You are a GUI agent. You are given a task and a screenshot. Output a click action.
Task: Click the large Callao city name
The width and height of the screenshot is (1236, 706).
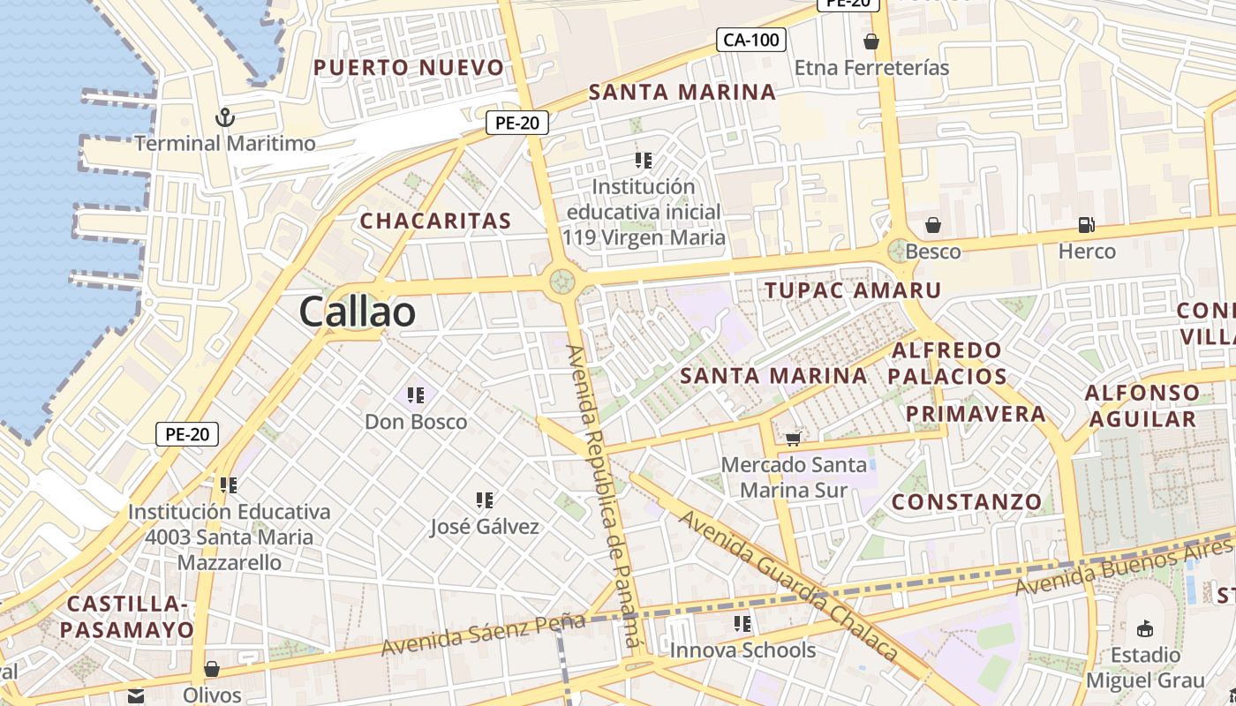(x=357, y=312)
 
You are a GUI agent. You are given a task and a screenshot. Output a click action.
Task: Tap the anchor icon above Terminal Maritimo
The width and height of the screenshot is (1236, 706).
(x=225, y=117)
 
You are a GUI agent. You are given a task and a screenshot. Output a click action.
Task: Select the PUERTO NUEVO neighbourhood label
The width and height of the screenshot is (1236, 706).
(x=409, y=67)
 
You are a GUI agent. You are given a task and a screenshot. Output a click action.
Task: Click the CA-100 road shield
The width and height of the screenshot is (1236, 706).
(x=750, y=40)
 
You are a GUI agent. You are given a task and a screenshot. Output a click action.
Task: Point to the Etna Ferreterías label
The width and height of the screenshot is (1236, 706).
(x=871, y=68)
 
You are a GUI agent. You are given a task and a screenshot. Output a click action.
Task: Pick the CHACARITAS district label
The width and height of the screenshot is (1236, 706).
(x=435, y=221)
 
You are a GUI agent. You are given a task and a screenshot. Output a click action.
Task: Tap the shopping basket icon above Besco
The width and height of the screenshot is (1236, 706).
(x=933, y=226)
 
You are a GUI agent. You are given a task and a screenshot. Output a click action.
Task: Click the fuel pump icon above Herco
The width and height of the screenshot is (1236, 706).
(x=1087, y=226)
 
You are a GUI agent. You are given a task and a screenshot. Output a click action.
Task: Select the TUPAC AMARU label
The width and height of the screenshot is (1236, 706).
(x=853, y=289)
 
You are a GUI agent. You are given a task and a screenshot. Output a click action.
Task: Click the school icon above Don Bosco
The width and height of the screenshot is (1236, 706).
(x=416, y=395)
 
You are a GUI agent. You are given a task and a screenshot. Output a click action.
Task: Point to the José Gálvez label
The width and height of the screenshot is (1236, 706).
(x=485, y=527)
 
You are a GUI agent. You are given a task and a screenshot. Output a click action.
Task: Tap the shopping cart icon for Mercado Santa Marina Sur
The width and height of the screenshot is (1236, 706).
(x=793, y=438)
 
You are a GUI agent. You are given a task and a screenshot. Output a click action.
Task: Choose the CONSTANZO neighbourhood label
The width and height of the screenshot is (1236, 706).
(x=967, y=502)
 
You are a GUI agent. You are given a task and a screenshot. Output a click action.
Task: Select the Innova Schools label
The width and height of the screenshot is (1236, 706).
(x=742, y=650)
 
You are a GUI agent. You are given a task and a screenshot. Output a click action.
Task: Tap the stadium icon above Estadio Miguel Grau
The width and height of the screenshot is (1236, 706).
(x=1145, y=628)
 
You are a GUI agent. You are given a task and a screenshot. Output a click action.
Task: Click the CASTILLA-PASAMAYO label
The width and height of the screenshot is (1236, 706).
(x=128, y=617)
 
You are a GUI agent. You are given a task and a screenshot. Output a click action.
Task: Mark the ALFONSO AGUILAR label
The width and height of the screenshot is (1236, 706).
(x=1142, y=406)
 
